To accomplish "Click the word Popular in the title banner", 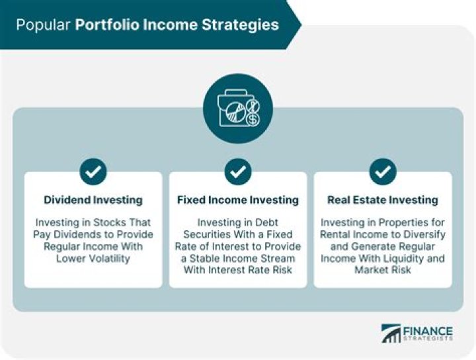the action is [x=43, y=25].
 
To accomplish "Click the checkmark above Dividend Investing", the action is [x=93, y=171].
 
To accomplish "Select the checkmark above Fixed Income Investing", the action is [x=238, y=171].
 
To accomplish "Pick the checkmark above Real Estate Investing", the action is [x=383, y=171].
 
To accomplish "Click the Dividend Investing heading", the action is [x=93, y=200].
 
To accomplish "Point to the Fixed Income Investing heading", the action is [x=238, y=200].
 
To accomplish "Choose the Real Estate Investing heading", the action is [x=383, y=200].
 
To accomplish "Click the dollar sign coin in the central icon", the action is [x=253, y=119].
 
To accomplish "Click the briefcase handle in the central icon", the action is [x=235, y=93].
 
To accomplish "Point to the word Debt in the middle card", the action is [x=266, y=222].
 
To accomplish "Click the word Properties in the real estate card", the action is [x=403, y=222].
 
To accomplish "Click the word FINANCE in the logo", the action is [x=428, y=330].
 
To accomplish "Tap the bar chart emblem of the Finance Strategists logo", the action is [x=391, y=334].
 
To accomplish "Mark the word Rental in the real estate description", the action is [x=334, y=234].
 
